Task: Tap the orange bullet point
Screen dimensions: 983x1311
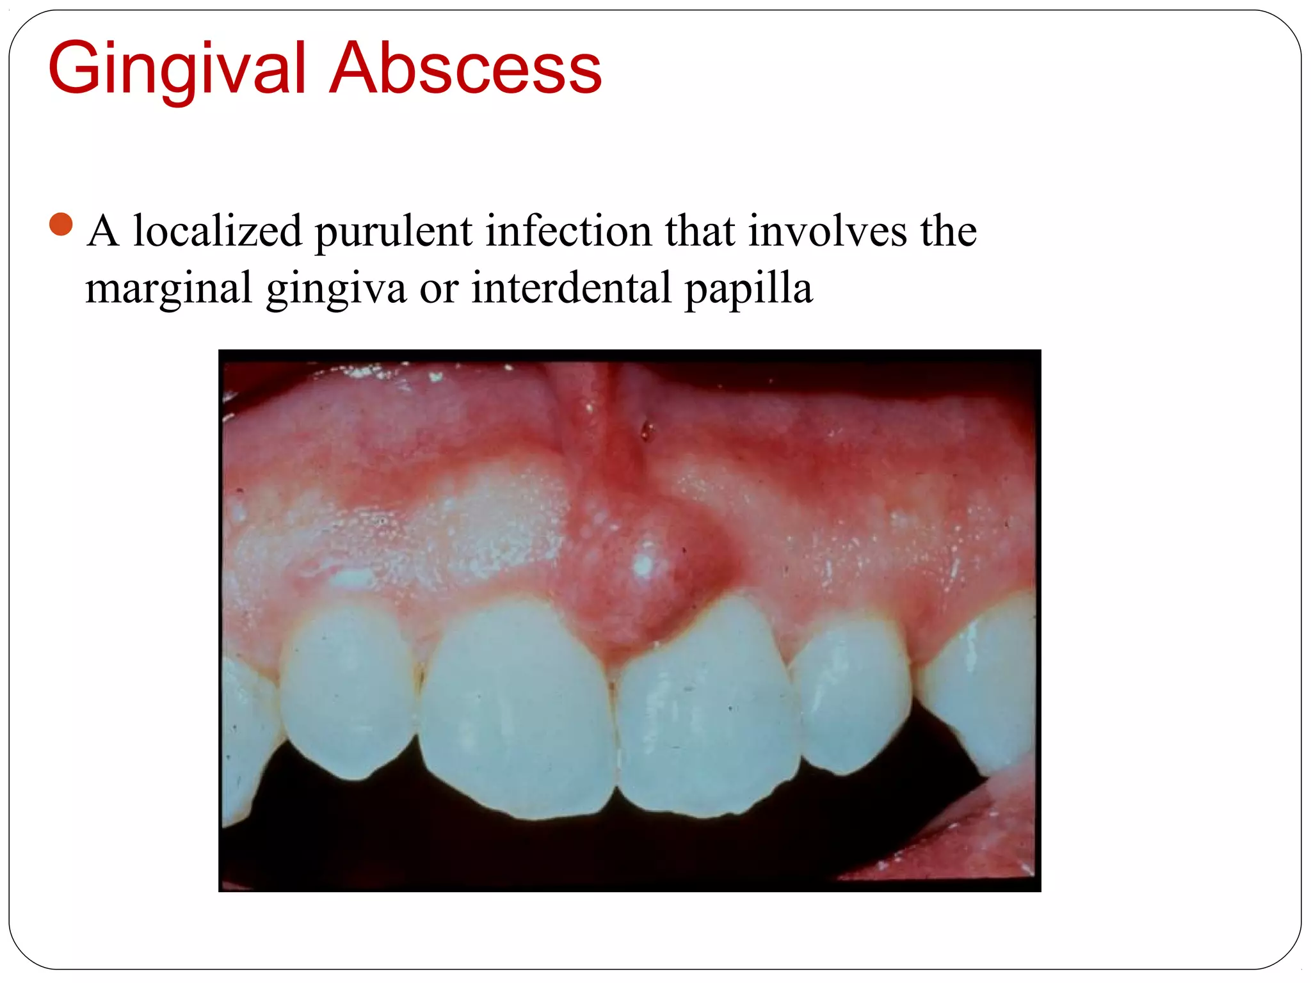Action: point(61,225)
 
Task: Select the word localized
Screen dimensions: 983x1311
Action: point(217,231)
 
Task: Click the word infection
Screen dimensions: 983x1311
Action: point(568,231)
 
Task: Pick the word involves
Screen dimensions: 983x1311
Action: point(827,231)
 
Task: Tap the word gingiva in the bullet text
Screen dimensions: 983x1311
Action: point(336,290)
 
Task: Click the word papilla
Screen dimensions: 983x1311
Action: point(748,290)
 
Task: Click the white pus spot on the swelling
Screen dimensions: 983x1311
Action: point(643,564)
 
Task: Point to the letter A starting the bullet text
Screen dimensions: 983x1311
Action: point(104,231)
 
